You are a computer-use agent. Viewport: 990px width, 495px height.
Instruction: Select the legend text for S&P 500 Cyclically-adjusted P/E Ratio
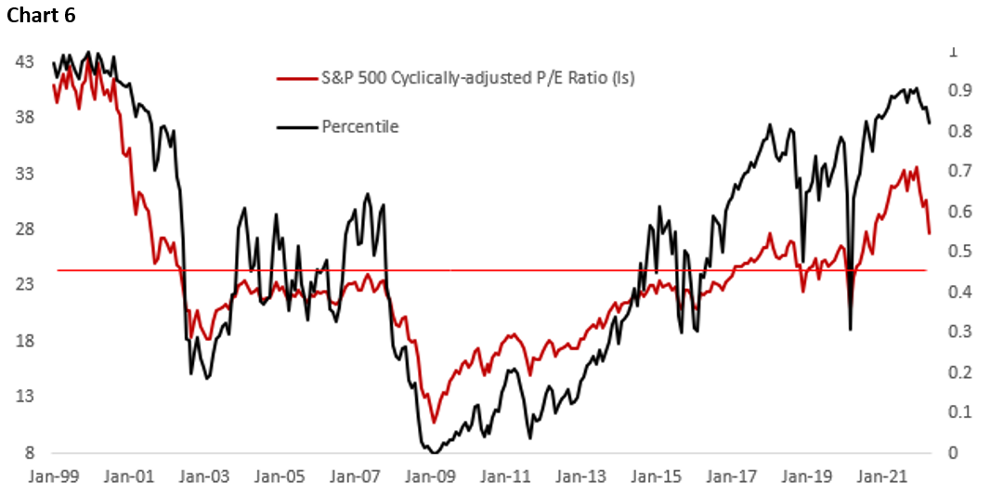[x=477, y=78]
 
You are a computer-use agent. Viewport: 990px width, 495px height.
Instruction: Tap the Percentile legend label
[x=360, y=126]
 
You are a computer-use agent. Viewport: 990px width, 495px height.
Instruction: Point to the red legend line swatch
[x=296, y=78]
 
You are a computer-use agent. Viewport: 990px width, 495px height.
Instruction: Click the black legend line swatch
[x=296, y=126]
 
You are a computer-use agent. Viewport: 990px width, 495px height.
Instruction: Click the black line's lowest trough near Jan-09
[x=434, y=452]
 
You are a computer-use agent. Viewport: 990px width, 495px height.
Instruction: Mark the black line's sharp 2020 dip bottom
[x=851, y=329]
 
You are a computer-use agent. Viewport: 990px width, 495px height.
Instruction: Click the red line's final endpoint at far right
[x=930, y=232]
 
